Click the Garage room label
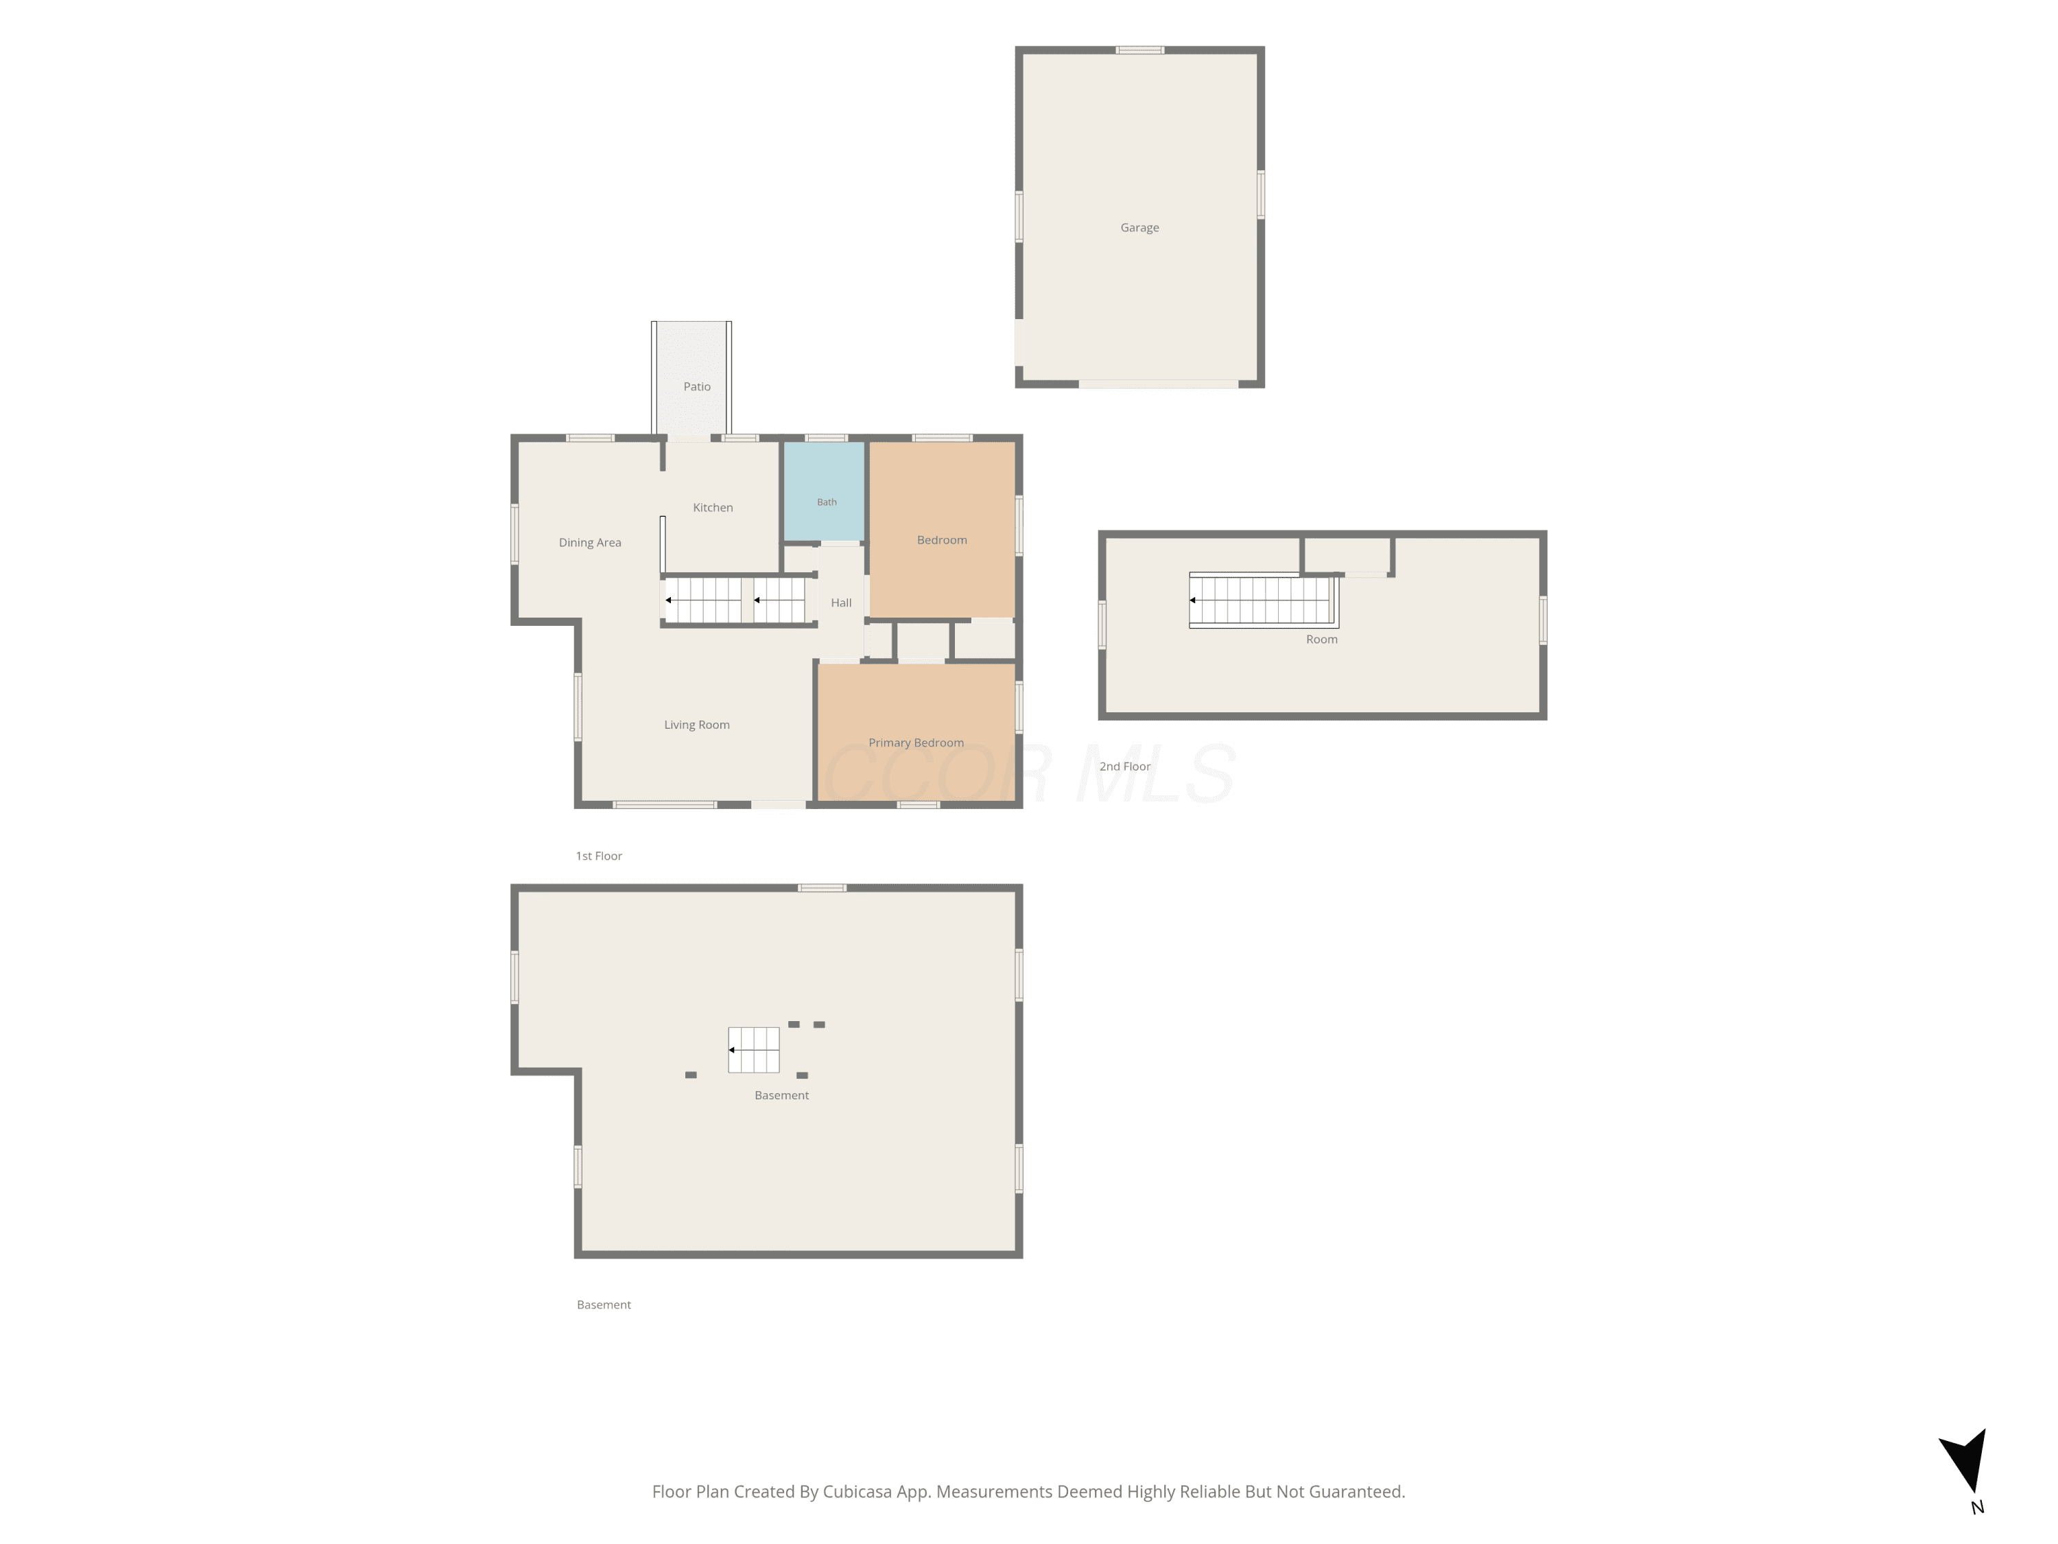point(1139,228)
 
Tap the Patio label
point(697,386)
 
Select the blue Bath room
point(825,491)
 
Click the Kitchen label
point(713,507)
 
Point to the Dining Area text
point(590,543)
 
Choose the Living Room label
point(697,725)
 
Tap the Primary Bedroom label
point(916,742)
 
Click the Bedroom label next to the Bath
point(942,540)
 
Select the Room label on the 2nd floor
point(1321,640)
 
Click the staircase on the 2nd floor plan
point(1262,600)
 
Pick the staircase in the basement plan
point(754,1050)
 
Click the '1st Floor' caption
point(599,856)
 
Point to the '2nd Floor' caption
point(1125,767)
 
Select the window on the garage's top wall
point(1139,50)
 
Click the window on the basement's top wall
point(823,888)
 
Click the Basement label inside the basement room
point(781,1095)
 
